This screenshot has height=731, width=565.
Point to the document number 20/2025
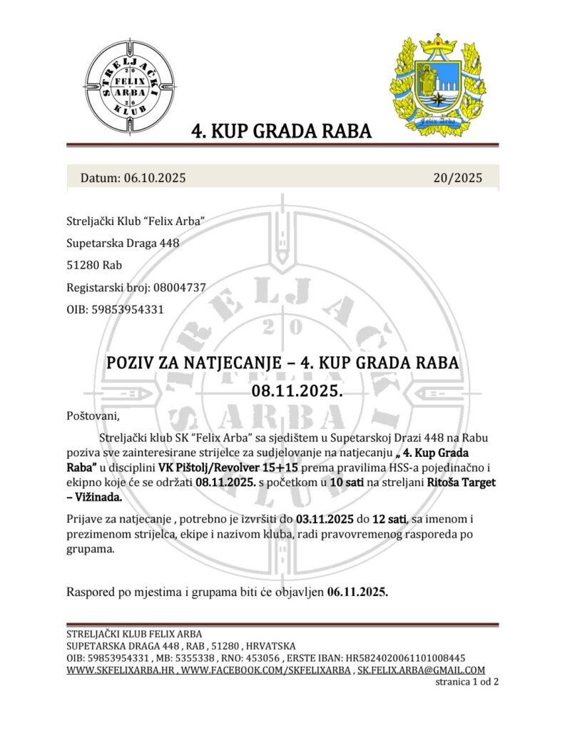[x=457, y=178]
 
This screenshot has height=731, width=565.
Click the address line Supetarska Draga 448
[x=122, y=243]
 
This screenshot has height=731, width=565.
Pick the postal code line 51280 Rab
[x=93, y=266]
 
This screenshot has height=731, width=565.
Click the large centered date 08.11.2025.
[x=282, y=391]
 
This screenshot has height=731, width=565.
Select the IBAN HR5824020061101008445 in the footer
[x=405, y=657]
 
